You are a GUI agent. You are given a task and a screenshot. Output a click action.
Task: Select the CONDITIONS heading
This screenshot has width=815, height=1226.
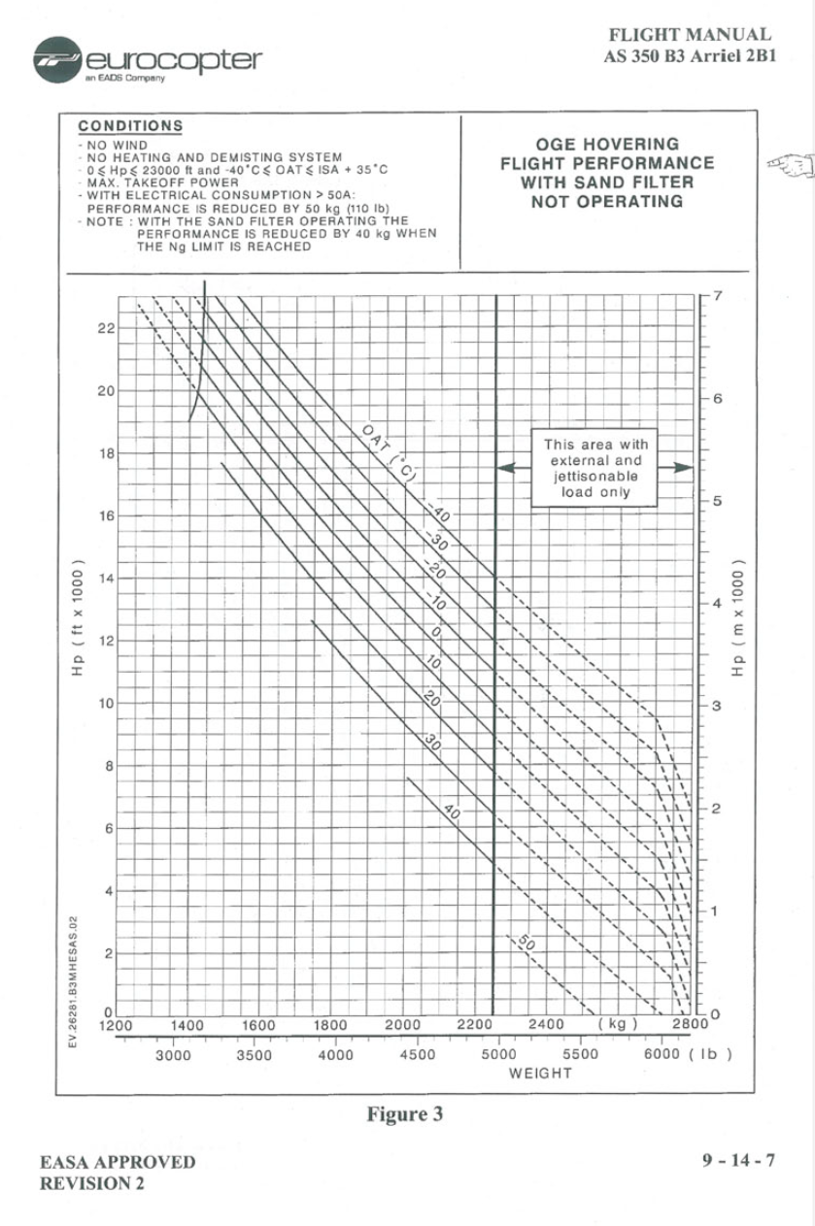[x=130, y=126]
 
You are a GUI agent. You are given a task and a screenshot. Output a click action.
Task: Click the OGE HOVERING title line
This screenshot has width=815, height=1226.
[x=607, y=145]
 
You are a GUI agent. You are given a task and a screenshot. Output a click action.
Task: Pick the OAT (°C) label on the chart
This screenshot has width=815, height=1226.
[x=385, y=449]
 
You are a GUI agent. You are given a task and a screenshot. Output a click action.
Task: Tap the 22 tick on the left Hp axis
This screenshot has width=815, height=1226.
[x=106, y=328]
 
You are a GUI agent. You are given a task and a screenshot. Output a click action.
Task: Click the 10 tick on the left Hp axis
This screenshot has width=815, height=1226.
[x=106, y=704]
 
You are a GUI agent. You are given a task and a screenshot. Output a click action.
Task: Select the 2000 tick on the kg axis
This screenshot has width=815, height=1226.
[x=402, y=1024]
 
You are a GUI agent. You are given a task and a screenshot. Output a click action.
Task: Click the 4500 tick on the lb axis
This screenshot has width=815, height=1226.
[x=418, y=1055]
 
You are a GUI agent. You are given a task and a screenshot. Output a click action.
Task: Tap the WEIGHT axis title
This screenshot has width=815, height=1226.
[x=540, y=1074]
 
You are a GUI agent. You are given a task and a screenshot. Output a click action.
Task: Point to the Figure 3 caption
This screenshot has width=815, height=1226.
[x=404, y=1114]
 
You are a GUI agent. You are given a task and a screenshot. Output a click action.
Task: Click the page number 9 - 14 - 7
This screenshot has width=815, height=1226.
[x=742, y=1160]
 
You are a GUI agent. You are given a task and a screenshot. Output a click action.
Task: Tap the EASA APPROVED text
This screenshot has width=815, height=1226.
[x=117, y=1162]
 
